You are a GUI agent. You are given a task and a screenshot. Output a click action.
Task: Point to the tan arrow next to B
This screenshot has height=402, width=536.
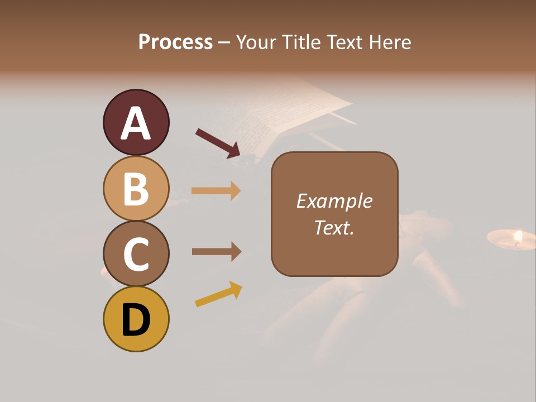(x=216, y=191)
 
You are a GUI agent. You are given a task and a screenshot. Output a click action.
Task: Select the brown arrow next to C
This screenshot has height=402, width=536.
(x=216, y=252)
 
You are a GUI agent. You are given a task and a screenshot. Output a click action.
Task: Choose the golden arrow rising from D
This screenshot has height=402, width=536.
(x=218, y=294)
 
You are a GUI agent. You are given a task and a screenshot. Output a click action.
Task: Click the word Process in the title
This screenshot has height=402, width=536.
(x=175, y=42)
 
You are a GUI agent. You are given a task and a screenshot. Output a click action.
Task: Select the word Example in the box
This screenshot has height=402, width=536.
(x=334, y=201)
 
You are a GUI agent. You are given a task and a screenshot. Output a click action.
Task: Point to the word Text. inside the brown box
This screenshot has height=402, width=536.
(x=334, y=227)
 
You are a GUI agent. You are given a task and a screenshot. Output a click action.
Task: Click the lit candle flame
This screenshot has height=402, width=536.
(x=518, y=236)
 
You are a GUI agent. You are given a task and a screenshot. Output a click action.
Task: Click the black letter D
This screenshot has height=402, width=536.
(x=136, y=320)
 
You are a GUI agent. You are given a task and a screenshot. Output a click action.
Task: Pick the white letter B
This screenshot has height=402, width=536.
(x=136, y=189)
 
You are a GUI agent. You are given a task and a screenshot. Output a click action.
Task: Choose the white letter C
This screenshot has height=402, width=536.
(x=136, y=254)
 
